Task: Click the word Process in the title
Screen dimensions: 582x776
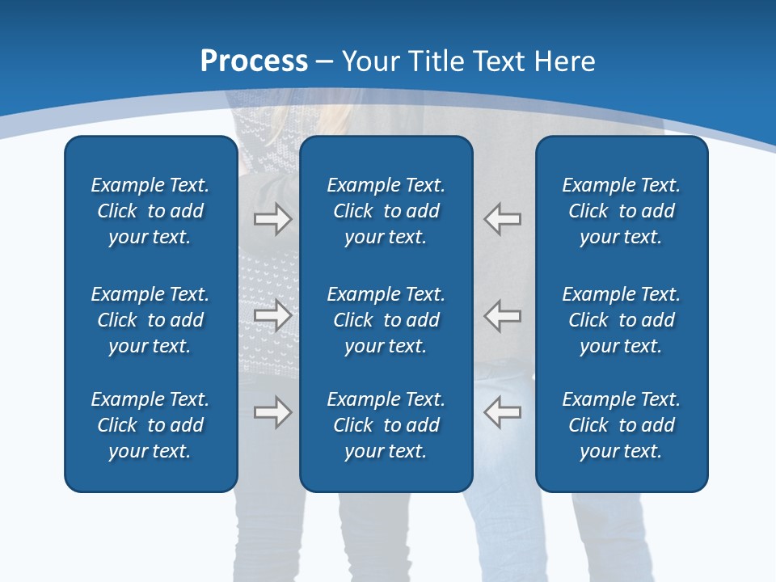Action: (254, 61)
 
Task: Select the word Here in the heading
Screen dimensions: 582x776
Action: (565, 61)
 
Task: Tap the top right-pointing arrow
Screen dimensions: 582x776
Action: (272, 219)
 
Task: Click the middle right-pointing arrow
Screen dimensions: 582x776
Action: (272, 315)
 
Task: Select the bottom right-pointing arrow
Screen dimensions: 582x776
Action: (272, 412)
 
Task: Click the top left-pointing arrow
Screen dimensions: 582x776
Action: (503, 219)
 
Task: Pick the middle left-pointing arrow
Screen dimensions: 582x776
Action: (503, 315)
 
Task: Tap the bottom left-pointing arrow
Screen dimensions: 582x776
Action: (503, 412)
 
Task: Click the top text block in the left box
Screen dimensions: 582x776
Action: (150, 211)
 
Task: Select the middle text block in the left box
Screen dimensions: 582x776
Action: (150, 320)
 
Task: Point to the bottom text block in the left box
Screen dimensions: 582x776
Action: (150, 425)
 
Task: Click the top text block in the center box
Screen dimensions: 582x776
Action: (386, 211)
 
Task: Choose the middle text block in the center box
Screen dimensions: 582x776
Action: (386, 320)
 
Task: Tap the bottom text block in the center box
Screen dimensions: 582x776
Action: (386, 425)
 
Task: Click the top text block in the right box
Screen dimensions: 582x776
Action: (621, 211)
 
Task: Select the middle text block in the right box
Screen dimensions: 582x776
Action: (621, 320)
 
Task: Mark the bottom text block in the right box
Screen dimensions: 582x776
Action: (621, 425)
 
